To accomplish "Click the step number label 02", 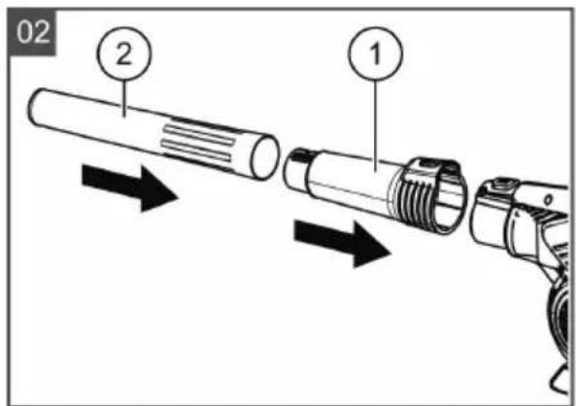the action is click(32, 32).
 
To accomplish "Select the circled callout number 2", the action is click(124, 53).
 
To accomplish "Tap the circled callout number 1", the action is click(376, 53).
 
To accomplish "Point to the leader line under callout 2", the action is click(124, 98).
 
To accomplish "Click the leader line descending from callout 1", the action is click(376, 125).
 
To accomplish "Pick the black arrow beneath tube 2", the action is click(130, 187).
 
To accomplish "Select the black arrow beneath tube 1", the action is click(342, 243).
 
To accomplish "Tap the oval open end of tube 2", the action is click(264, 157).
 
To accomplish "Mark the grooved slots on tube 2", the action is click(198, 143).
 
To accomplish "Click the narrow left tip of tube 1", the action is click(297, 170).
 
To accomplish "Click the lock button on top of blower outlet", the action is click(504, 183).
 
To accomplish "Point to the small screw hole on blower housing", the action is click(548, 200).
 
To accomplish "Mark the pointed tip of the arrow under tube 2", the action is click(178, 199).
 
